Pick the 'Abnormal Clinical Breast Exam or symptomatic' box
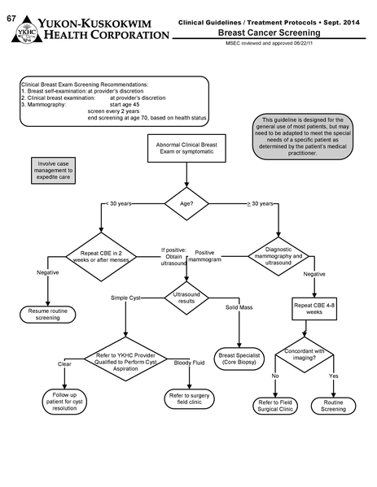(187, 150)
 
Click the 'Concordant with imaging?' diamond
(307, 354)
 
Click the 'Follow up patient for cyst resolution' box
(65, 401)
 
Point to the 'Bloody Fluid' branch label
(189, 363)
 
